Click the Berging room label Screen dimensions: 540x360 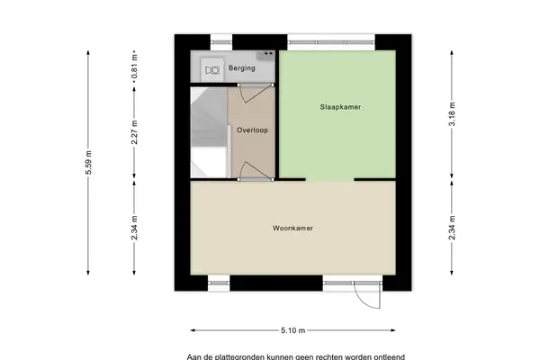pyautogui.click(x=242, y=67)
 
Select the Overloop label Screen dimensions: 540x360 pyautogui.click(x=252, y=130)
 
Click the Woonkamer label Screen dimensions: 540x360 pyautogui.click(x=292, y=228)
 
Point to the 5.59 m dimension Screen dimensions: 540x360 pyautogui.click(x=88, y=162)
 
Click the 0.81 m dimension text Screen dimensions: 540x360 pyautogui.click(x=135, y=67)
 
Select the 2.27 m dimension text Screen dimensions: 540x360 pyautogui.click(x=135, y=132)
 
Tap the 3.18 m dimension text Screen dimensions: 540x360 pyautogui.click(x=452, y=114)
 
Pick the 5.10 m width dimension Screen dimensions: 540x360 pyautogui.click(x=292, y=330)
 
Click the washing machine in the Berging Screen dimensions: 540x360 pyautogui.click(x=211, y=70)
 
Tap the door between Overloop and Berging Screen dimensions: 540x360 pyautogui.click(x=256, y=93)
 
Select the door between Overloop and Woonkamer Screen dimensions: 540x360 pyautogui.click(x=256, y=171)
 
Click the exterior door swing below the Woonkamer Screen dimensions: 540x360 pyautogui.click(x=368, y=295)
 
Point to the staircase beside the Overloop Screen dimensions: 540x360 pyautogui.click(x=209, y=132)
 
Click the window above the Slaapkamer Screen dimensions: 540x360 pyautogui.click(x=331, y=42)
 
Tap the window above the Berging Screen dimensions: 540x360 pyautogui.click(x=221, y=42)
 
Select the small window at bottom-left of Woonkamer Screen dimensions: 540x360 pyautogui.click(x=219, y=283)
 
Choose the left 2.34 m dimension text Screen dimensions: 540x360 pyautogui.click(x=135, y=228)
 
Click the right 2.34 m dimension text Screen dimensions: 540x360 pyautogui.click(x=452, y=228)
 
